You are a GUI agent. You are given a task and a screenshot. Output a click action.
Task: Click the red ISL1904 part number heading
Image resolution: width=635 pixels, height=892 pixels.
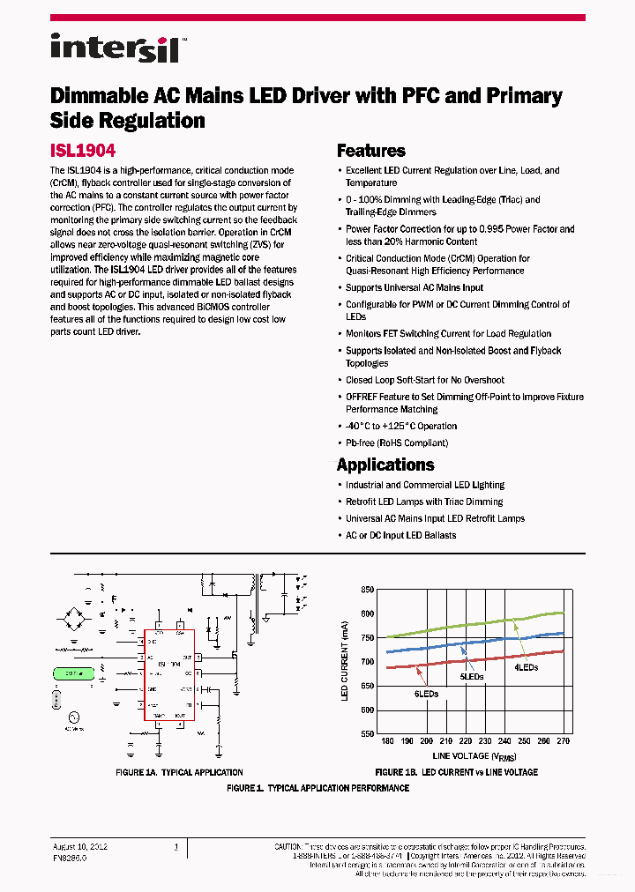[x=83, y=151]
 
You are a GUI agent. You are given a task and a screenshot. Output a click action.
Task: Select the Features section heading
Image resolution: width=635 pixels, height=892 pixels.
[x=371, y=151]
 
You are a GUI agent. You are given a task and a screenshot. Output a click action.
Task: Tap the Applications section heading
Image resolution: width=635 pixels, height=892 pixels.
[x=385, y=465]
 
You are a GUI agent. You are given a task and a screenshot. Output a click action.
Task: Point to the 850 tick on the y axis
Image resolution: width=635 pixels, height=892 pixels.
[x=367, y=590]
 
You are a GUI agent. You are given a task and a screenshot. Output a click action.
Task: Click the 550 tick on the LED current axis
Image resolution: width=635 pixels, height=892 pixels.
[x=367, y=733]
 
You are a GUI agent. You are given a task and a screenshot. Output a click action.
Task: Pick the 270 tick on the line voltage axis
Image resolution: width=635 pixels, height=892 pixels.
[x=564, y=742]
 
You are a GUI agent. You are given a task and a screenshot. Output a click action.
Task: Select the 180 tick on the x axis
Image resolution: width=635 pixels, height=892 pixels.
[x=387, y=742]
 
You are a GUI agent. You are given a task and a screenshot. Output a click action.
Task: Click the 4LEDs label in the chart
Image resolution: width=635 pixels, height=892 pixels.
[x=527, y=667]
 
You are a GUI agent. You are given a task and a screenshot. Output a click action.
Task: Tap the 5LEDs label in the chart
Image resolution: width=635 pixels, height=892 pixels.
[x=473, y=676]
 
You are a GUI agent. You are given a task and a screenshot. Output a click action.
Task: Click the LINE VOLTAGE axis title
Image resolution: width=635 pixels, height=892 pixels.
[x=474, y=756]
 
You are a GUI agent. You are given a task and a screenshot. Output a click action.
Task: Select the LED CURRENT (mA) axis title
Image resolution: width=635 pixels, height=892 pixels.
[x=345, y=662]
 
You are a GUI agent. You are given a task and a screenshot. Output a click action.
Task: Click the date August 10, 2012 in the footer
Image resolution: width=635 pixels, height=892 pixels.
[x=80, y=846]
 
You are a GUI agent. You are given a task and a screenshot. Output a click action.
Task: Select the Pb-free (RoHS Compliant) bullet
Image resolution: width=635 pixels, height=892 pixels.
[x=397, y=443]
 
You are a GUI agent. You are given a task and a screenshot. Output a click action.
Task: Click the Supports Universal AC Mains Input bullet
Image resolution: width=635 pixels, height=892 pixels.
[x=415, y=287]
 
